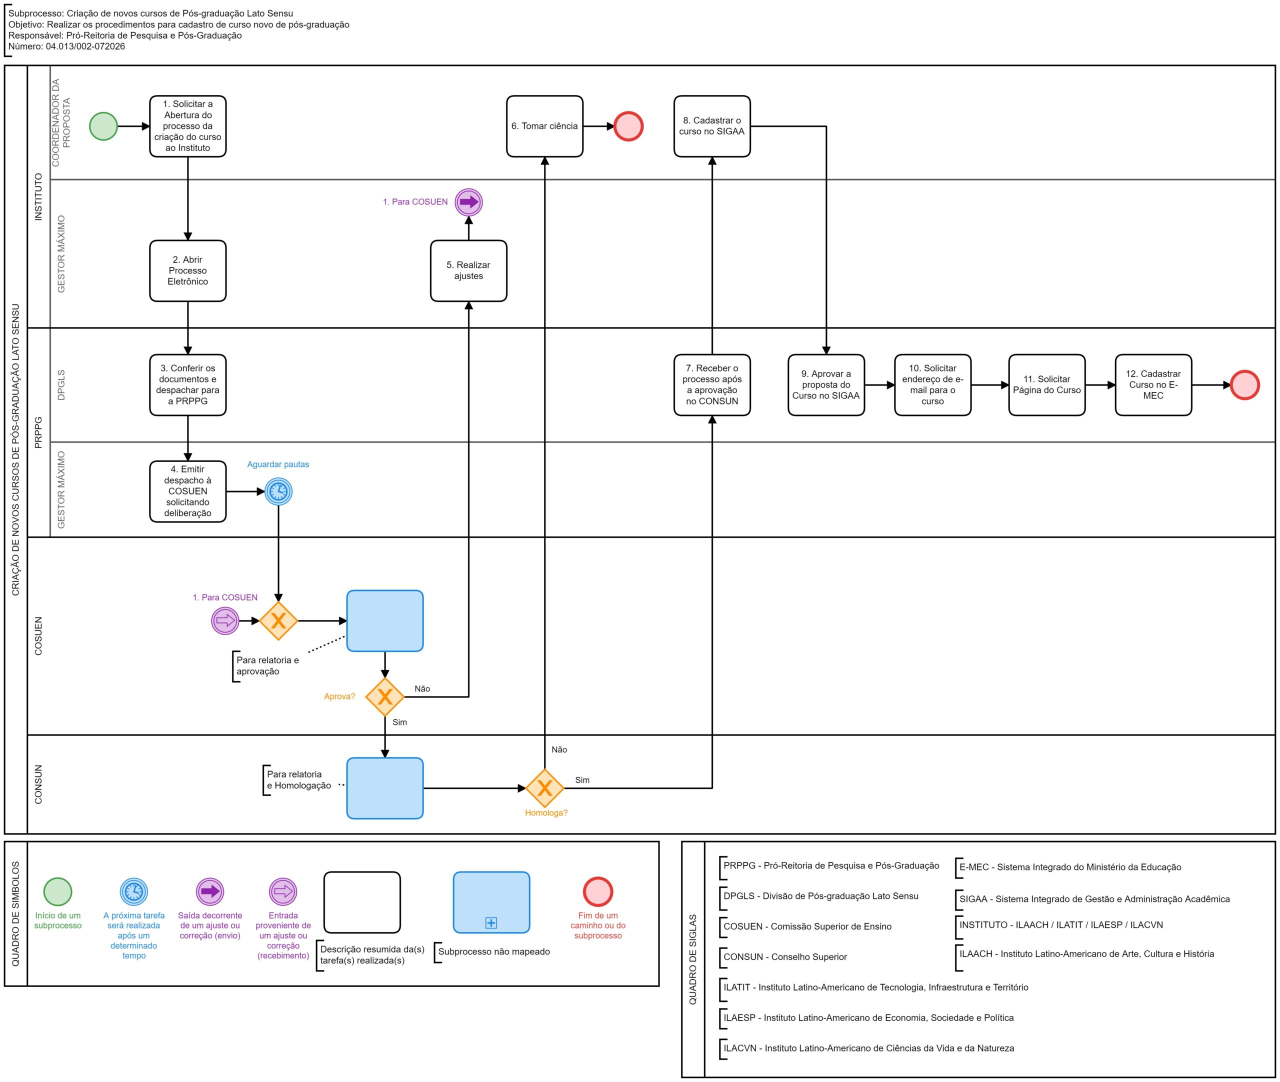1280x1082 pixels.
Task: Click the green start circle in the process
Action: pos(103,126)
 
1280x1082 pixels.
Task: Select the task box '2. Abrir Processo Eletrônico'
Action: pos(187,270)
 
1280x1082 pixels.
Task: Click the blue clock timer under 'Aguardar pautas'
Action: pos(278,491)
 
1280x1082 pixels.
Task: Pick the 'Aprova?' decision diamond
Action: pos(384,697)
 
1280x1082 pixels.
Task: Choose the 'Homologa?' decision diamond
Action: pos(544,788)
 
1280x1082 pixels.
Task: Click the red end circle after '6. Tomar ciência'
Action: pos(628,126)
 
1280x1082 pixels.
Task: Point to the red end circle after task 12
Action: pos(1245,385)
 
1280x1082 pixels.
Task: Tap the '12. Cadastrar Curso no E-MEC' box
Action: pos(1153,385)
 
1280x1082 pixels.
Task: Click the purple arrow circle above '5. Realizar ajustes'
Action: pos(468,202)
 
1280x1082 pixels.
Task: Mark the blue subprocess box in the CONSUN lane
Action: pos(384,788)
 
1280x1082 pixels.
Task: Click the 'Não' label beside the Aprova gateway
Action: pos(422,689)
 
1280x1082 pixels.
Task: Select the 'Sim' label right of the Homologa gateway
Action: pos(582,780)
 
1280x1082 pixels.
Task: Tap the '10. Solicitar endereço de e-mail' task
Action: pos(932,385)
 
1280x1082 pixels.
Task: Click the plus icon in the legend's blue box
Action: pos(490,922)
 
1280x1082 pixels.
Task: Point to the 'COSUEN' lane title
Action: pos(38,636)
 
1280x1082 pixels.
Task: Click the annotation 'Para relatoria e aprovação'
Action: pos(267,665)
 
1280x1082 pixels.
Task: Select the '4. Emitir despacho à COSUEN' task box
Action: pos(187,491)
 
